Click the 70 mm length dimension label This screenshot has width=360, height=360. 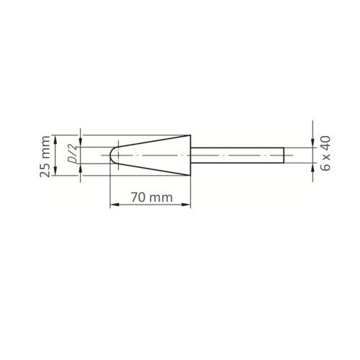152,197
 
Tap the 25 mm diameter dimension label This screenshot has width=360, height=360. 45,156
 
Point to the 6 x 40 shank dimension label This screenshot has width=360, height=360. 325,153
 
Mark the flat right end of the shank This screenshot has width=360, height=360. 284,156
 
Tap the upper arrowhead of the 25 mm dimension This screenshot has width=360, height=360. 55,139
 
